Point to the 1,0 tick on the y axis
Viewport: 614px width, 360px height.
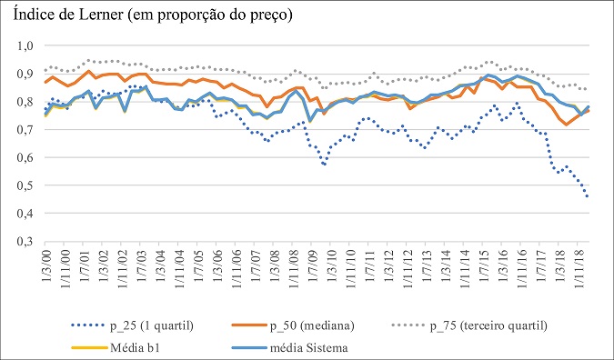[26, 45]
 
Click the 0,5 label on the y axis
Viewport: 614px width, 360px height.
[26, 185]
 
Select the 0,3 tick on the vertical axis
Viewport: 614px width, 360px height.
[26, 242]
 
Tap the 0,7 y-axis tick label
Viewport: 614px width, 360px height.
[26, 130]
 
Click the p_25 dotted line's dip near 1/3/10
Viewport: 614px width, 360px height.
[324, 165]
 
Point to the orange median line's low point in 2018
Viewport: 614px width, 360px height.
[567, 125]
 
